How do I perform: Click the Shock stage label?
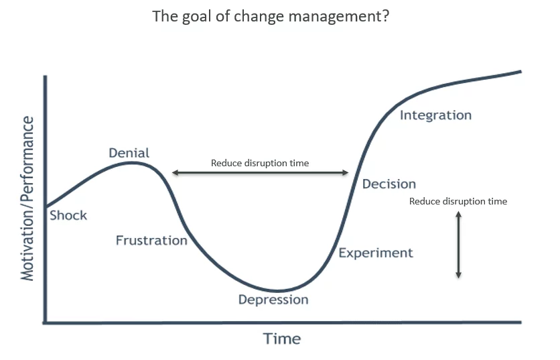(68, 215)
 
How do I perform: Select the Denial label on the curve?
(129, 153)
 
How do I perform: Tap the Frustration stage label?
(151, 240)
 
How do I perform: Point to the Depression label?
(273, 300)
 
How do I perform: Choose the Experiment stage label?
(376, 253)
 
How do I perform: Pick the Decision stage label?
(389, 184)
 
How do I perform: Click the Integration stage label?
(435, 115)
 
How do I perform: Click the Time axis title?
(282, 339)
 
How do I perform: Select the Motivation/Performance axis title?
(27, 198)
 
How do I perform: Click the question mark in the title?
(385, 16)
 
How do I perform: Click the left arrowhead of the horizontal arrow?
(175, 173)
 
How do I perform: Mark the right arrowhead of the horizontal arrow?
(346, 173)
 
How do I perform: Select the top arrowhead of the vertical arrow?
(459, 214)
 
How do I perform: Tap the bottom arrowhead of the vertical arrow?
(459, 275)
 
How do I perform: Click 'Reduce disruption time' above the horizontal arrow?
(260, 164)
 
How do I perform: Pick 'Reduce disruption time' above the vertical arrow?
(458, 202)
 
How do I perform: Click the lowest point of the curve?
(277, 291)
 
